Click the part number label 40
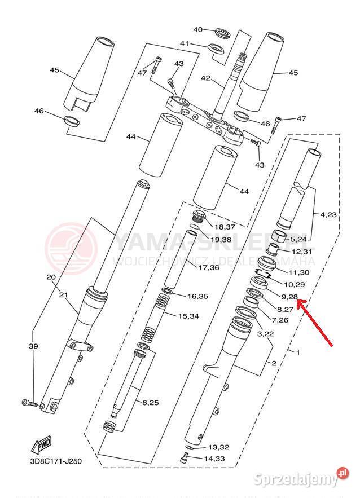[197, 30]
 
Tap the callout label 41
[200, 43]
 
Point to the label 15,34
[190, 316]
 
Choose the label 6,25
[151, 402]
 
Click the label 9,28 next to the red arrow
[289, 297]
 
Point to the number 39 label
[33, 346]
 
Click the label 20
[50, 277]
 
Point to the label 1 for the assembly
[298, 352]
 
